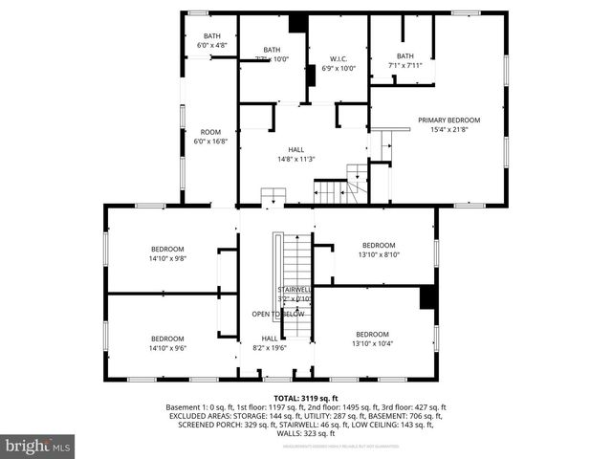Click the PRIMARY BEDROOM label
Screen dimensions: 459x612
[448, 120]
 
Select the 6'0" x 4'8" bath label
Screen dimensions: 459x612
[211, 40]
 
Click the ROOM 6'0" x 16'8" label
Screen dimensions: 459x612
[210, 137]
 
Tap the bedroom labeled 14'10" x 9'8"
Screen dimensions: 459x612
[166, 253]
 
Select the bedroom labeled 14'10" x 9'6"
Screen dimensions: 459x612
[166, 342]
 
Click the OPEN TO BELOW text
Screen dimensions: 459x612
[278, 314]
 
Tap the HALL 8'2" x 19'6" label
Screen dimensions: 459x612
[271, 342]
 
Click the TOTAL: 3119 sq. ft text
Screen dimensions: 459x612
[306, 398]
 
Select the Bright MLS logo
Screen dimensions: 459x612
[38, 446]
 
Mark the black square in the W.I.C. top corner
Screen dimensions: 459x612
[297, 24]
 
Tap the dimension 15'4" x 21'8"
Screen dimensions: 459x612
[448, 129]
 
